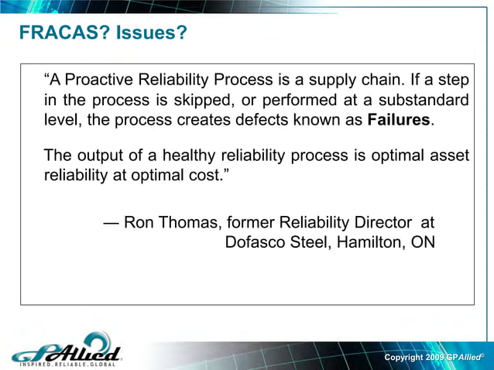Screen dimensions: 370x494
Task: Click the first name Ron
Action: tap(139, 223)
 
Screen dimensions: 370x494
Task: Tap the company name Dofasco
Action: tap(256, 242)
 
